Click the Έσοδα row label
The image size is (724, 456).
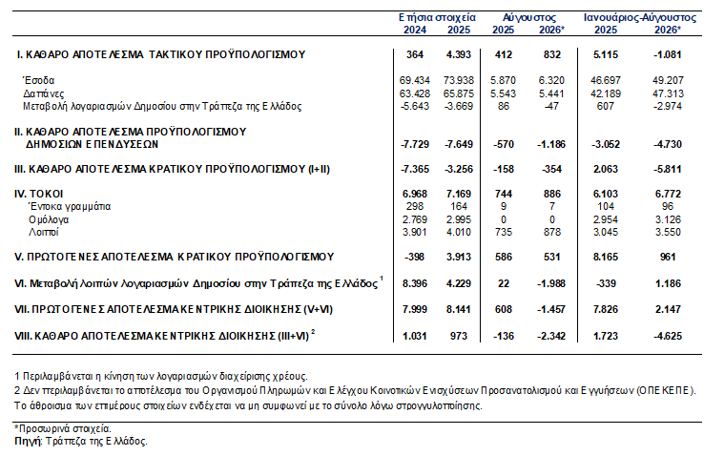click(x=39, y=80)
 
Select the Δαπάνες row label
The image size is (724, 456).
click(x=44, y=93)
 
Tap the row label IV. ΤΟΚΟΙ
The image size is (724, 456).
click(x=38, y=194)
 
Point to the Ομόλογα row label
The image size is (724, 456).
click(x=49, y=220)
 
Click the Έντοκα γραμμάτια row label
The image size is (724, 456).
click(x=70, y=206)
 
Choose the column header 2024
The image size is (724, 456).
click(x=415, y=30)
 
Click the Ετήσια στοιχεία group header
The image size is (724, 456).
click(x=437, y=17)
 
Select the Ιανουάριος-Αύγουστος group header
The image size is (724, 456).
click(x=639, y=17)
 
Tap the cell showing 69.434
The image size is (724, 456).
click(x=415, y=80)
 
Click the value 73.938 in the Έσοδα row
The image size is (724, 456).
click(x=459, y=80)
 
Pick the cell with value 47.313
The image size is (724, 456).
click(x=668, y=93)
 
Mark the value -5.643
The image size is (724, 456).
click(x=414, y=106)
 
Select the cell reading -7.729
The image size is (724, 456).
click(x=415, y=144)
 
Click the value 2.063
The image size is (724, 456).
click(x=606, y=169)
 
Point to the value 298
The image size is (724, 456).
click(x=415, y=206)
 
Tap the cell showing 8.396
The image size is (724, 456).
click(x=415, y=283)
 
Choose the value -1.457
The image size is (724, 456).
click(x=551, y=309)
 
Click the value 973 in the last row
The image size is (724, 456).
click(x=459, y=337)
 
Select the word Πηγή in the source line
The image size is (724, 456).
click(x=29, y=442)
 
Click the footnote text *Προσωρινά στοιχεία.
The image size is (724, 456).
click(x=63, y=428)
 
